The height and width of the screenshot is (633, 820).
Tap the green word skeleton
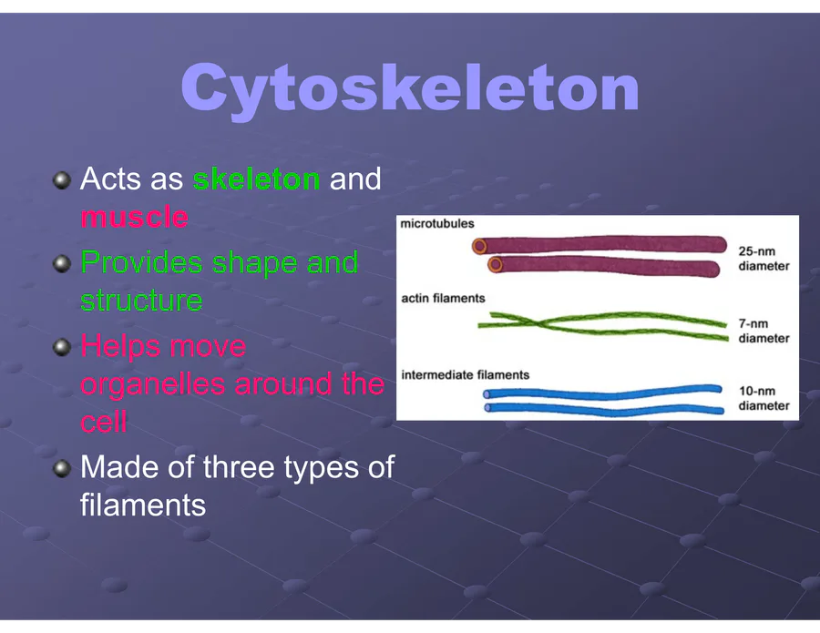point(256,179)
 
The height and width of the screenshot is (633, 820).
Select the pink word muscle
point(135,217)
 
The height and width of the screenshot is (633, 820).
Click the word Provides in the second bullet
point(141,262)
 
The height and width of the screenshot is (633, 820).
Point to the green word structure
point(141,301)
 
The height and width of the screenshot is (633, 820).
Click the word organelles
point(154,385)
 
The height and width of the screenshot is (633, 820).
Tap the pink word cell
point(104,422)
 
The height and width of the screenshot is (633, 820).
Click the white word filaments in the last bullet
point(143,505)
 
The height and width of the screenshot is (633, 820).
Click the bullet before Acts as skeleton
point(62,180)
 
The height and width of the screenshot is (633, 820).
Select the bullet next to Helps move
point(62,347)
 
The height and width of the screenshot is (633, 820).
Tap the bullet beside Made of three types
point(62,468)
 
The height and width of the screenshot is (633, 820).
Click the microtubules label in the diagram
point(437,224)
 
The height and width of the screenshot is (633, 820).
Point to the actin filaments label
point(443,299)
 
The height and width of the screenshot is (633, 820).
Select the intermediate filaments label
point(465,374)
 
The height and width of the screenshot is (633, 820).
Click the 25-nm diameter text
point(764,259)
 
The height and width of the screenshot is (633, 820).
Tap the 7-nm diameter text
point(764,331)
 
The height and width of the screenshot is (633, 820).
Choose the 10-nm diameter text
point(764,398)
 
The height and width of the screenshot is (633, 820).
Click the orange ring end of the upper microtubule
point(479,246)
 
